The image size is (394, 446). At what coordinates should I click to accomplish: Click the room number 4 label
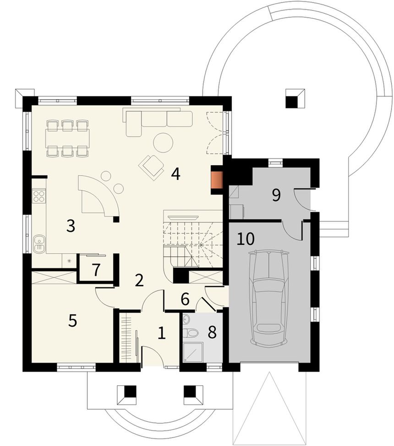[x=175, y=174]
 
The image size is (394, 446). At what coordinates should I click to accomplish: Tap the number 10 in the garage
[x=246, y=239]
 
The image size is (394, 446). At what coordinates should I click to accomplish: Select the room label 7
[x=96, y=270]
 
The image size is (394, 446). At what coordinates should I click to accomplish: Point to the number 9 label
[x=276, y=195]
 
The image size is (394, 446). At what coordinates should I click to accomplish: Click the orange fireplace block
[x=217, y=180]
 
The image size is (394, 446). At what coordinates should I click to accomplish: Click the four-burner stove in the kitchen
[x=39, y=196]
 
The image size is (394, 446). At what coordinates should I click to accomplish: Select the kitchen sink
[x=39, y=244]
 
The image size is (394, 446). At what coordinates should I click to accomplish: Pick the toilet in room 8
[x=190, y=333]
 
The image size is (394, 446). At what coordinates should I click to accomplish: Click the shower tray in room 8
[x=193, y=352]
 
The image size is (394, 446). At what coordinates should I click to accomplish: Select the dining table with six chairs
[x=68, y=139]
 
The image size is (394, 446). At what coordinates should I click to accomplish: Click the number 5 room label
[x=73, y=321]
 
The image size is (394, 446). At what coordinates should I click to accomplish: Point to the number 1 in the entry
[x=161, y=333]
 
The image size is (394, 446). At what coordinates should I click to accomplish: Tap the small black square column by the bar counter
[x=116, y=219]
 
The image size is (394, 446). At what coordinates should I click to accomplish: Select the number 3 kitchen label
[x=71, y=226]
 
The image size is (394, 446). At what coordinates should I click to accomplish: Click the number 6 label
[x=185, y=299]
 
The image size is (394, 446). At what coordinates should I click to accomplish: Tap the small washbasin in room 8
[x=186, y=319]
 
